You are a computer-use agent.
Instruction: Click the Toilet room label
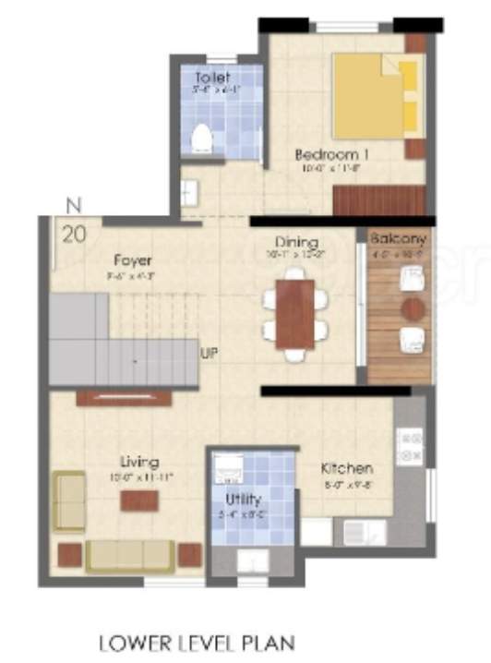[x=212, y=78]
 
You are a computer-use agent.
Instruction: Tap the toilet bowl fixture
[x=199, y=139]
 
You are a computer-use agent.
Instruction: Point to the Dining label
[x=295, y=242]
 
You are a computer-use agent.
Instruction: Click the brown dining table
[x=294, y=313]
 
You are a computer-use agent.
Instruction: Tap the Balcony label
[x=399, y=238]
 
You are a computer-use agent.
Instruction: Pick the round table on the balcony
[x=412, y=307]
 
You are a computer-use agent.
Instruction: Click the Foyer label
[x=133, y=260]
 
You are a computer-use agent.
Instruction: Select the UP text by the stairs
[x=210, y=352]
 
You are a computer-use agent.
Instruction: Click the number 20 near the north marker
[x=74, y=234]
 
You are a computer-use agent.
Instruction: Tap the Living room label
[x=139, y=462]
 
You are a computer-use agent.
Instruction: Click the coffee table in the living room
[x=138, y=500]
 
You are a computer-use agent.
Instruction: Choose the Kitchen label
[x=346, y=468]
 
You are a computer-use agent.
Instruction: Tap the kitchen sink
[x=353, y=531]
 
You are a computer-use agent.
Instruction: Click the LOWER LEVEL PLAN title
[x=196, y=640]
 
